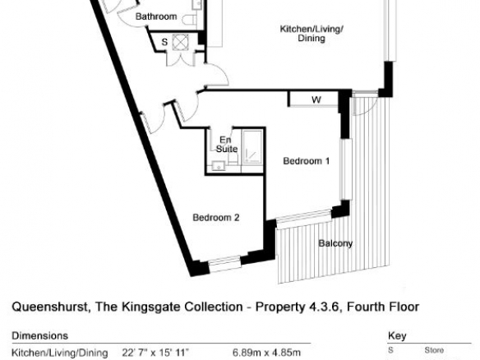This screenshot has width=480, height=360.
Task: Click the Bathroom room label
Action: pos(156,16)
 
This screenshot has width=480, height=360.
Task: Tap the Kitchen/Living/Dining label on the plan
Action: pos(312,34)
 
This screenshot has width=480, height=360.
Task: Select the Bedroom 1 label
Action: pos(307,161)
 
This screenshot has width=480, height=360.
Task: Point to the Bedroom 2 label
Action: pos(216,218)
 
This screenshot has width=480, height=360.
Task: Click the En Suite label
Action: pos(227,145)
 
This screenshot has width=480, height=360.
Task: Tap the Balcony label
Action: pos(335,243)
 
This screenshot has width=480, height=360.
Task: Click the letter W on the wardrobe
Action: pos(316,99)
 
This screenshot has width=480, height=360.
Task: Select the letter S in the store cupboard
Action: pos(164,42)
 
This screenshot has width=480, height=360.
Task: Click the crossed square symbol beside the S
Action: pos(181,42)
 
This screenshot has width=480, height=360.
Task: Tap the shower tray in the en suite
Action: pos(252,148)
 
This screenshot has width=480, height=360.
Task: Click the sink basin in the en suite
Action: pos(219,166)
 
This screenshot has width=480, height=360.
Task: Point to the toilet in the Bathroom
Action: pos(190,20)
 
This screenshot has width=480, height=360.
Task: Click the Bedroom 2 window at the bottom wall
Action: pos(224,263)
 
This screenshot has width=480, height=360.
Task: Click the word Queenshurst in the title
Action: pos(50,307)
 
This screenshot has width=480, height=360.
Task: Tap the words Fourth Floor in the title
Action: pos(384,307)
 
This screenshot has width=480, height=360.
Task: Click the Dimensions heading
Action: pos(39,336)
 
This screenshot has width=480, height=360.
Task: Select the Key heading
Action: pos(397,336)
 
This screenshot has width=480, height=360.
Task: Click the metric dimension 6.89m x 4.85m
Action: pos(266,353)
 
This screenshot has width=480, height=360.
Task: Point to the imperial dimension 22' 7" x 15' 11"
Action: pos(155,353)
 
